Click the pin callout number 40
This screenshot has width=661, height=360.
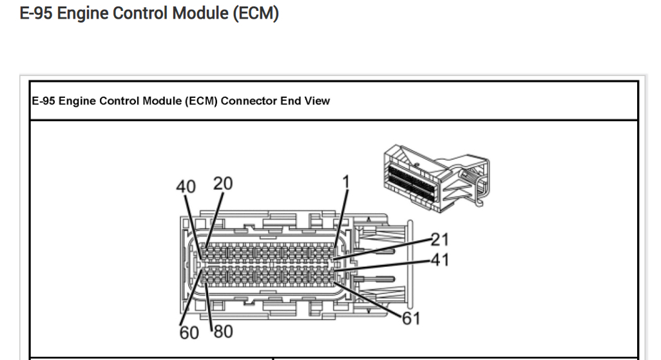click(x=186, y=186)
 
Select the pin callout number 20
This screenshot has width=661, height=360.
click(x=223, y=184)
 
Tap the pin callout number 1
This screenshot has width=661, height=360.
click(x=345, y=182)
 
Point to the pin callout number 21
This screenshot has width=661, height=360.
click(x=439, y=240)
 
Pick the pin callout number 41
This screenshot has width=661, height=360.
click(x=439, y=260)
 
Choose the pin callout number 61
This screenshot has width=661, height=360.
click(x=411, y=318)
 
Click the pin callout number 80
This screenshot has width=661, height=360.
click(x=223, y=332)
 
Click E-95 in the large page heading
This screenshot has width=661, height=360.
click(x=37, y=14)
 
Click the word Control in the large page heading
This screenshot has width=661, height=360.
click(x=136, y=14)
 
